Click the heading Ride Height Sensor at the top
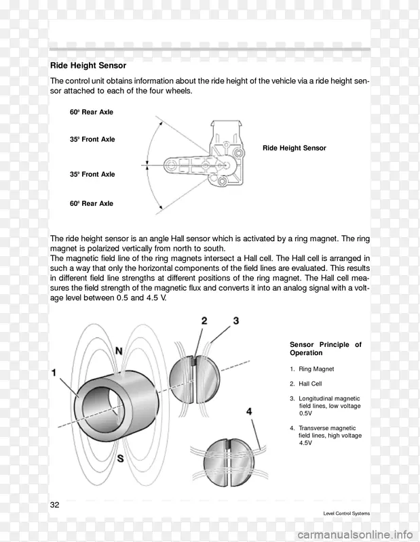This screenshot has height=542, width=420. click(88, 66)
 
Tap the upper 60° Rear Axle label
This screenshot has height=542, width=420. click(91, 112)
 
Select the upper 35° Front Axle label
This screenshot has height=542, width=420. click(92, 140)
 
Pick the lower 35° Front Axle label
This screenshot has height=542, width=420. click(92, 174)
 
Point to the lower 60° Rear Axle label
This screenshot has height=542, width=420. click(91, 203)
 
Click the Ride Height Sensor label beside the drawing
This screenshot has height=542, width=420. click(294, 148)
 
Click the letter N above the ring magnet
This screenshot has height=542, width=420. click(119, 352)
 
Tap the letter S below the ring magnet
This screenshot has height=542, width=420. click(119, 459)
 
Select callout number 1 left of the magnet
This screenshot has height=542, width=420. click(54, 373)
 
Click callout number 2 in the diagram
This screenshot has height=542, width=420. click(204, 320)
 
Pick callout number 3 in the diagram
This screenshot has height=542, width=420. click(235, 320)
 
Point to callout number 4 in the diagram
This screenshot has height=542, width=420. click(249, 411)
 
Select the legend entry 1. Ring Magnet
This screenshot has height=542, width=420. click(311, 369)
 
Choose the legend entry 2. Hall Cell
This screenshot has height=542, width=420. click(306, 383)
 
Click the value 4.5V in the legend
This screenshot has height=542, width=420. click(305, 442)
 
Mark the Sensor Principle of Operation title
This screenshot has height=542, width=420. click(325, 349)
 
